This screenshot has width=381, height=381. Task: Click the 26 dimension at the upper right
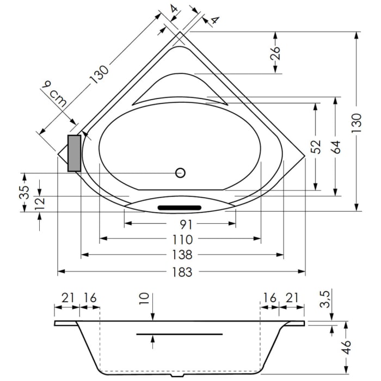275,52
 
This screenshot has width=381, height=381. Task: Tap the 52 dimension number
315,147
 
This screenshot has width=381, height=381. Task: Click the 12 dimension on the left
40,203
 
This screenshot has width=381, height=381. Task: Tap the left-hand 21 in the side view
67,298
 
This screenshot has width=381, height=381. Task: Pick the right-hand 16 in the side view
269,298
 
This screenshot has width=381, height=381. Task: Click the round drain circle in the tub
180,173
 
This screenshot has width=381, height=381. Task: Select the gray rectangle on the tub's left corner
74,153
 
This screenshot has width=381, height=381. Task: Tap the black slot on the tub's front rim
180,207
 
